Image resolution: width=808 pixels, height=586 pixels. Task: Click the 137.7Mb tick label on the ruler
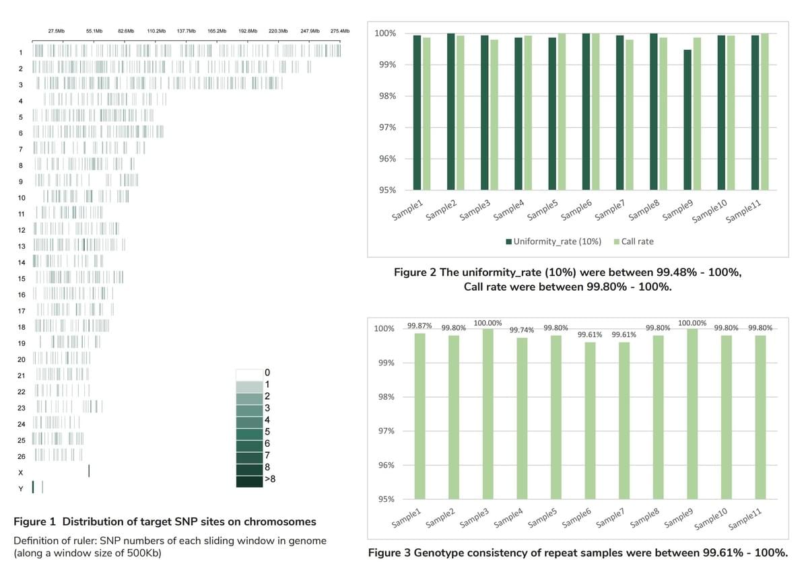pyautogui.click(x=186, y=32)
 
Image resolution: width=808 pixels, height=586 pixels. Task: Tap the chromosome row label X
pyautogui.click(x=21, y=472)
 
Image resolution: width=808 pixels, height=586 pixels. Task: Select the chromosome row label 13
pyautogui.click(x=22, y=246)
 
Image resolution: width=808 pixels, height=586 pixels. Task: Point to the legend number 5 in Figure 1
pyautogui.click(x=267, y=431)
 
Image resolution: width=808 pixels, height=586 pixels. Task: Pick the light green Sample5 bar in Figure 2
pyautogui.click(x=562, y=112)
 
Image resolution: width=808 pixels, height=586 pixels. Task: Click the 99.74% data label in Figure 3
pyautogui.click(x=522, y=330)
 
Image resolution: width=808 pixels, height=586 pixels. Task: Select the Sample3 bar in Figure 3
pyautogui.click(x=488, y=414)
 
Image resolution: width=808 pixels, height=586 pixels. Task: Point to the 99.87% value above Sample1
pyautogui.click(x=419, y=326)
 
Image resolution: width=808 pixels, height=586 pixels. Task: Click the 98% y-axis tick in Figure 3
pyautogui.click(x=384, y=397)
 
